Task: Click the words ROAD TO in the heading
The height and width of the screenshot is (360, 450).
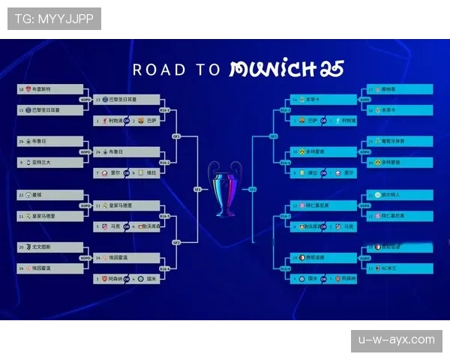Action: (177, 70)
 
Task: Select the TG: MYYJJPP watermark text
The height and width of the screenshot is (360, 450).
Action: (54, 19)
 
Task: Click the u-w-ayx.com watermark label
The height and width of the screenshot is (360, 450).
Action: (396, 340)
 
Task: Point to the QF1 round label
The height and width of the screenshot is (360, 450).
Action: (177, 136)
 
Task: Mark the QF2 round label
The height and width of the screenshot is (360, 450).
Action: (177, 242)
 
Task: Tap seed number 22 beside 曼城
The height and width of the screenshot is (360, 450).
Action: (22, 195)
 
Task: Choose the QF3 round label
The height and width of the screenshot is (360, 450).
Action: (274, 136)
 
